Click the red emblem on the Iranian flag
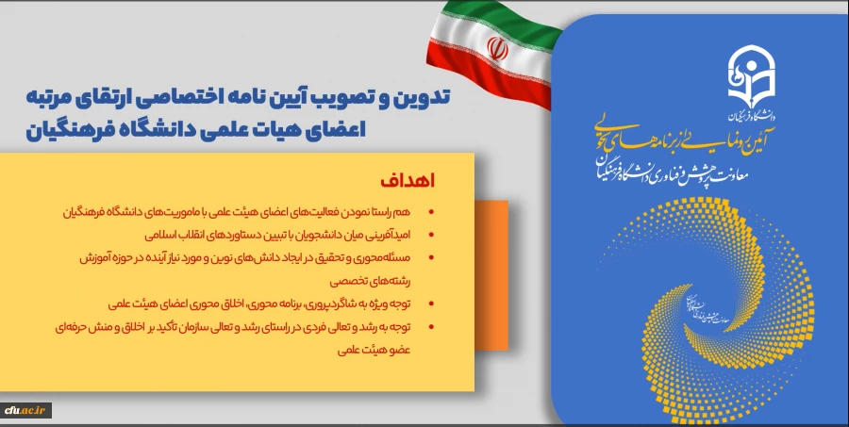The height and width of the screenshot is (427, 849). click(495, 45)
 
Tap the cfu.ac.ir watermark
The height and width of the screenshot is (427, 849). click(25, 411)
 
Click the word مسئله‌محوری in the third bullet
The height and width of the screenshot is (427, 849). click(389, 256)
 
